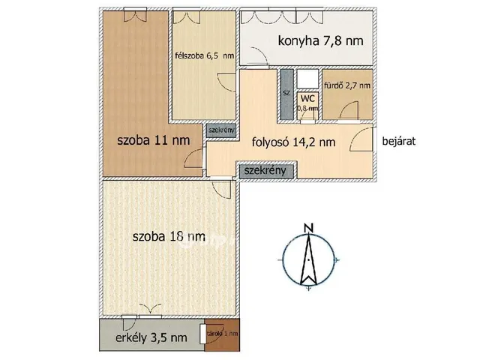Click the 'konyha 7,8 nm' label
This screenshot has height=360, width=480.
pyautogui.click(x=312, y=40)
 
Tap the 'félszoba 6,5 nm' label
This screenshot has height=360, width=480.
pyautogui.click(x=203, y=55)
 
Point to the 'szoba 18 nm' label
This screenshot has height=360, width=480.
pyautogui.click(x=169, y=236)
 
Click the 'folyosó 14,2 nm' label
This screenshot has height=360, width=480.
pyautogui.click(x=293, y=140)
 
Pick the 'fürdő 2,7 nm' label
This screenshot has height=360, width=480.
pyautogui.click(x=346, y=85)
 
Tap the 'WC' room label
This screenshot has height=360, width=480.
pyautogui.click(x=307, y=98)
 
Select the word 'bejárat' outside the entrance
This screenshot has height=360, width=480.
pyautogui.click(x=398, y=140)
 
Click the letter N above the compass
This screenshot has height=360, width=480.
pyautogui.click(x=307, y=229)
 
